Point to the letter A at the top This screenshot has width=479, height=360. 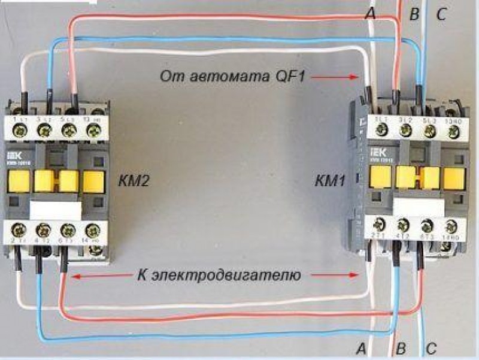tap(371, 14)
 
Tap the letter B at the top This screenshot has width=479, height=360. tap(413, 14)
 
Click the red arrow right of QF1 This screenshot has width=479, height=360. tap(343, 77)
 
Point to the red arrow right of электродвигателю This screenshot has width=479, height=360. tap(338, 276)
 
